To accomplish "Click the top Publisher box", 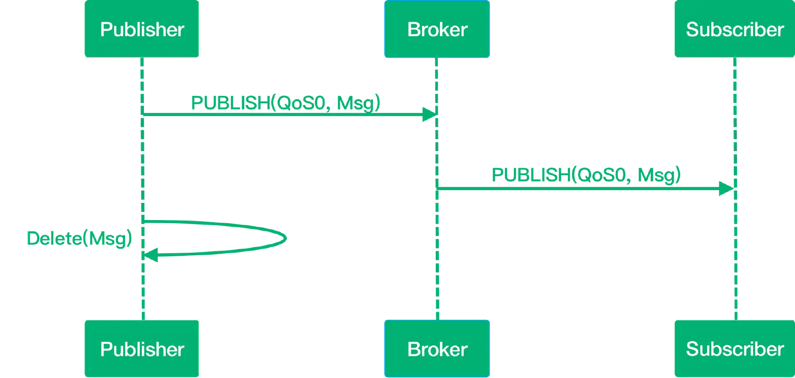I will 142,30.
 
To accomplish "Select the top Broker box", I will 437,30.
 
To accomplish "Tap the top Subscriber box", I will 734,30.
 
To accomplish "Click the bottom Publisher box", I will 142,349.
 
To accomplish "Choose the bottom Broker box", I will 437,349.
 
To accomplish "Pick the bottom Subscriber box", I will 734,349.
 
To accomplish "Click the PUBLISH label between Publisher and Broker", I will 285,103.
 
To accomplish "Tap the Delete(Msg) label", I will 79,239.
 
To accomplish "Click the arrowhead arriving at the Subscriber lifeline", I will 725,188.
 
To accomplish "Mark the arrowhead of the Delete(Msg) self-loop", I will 151,254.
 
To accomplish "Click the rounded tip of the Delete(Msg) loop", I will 286,239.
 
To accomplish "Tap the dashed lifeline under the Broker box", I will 437,290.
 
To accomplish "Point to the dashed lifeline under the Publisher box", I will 141,155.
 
